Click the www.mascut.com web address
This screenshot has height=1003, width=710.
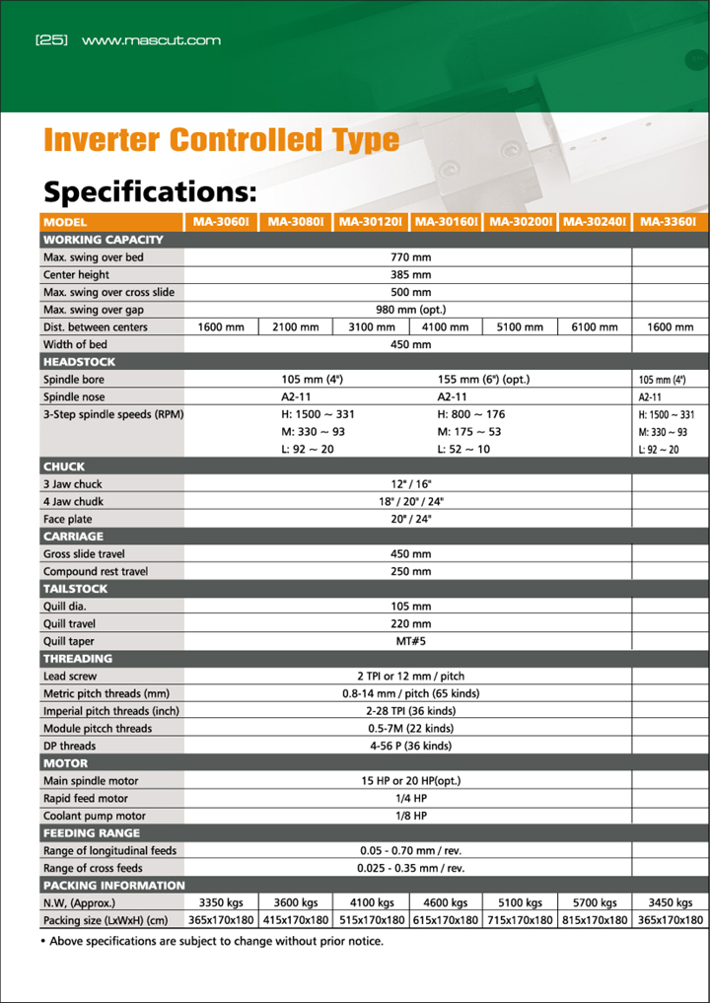pos(151,40)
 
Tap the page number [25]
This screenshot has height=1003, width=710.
pos(50,40)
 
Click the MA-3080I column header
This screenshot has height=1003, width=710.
pos(295,222)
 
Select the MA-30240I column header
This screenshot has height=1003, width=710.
pos(595,222)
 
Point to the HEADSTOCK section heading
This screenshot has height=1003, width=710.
pos(79,362)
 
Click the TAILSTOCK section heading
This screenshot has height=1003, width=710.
pos(76,589)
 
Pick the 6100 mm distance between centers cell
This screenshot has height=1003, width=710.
pos(595,327)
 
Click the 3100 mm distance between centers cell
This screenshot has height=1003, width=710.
pos(371,327)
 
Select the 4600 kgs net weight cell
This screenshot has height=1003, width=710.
pos(445,902)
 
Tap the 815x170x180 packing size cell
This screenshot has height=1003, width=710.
pos(595,920)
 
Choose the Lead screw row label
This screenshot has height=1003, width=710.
pos(70,677)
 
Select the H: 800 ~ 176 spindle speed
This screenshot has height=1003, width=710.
pos(471,414)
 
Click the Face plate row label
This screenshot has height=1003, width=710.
pos(68,519)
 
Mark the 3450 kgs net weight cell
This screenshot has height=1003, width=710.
pos(670,902)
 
